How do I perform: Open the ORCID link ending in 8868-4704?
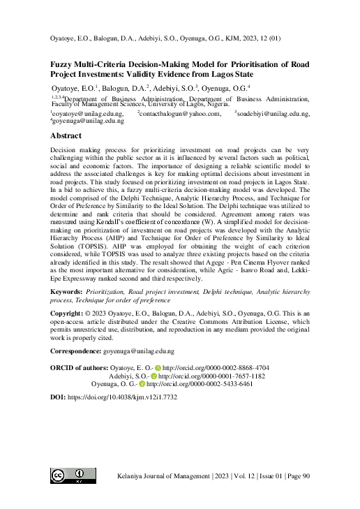[x=216, y=367]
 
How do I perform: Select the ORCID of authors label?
[x=80, y=367]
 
